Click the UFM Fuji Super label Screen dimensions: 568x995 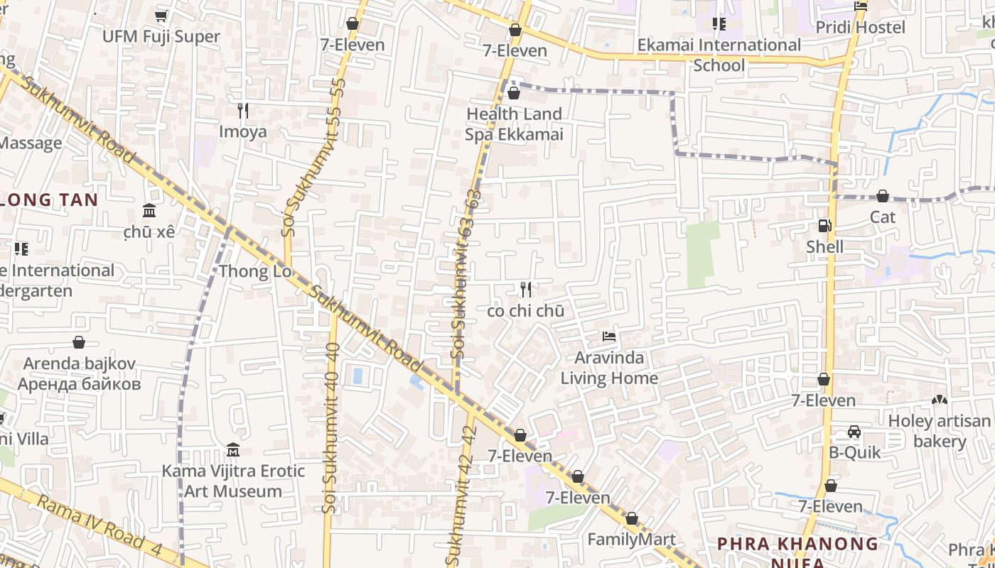pos(161,36)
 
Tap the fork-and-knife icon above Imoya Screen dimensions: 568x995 pos(243,111)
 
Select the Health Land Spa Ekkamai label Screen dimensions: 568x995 pos(514,124)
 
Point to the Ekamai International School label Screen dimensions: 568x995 pos(719,55)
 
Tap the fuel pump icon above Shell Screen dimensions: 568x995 pos(824,226)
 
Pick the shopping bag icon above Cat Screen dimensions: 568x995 pos(883,195)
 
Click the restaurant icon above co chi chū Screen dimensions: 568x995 pos(526,289)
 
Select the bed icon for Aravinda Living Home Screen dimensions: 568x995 pos(609,336)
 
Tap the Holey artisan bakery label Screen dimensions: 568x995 pos(938,431)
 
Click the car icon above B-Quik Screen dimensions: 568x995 pos(854,432)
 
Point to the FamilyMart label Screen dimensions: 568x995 pos(631,540)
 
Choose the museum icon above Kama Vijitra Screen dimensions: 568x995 pos(233,449)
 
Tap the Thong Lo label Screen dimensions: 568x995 pos(254,271)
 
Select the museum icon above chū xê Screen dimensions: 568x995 pos(149,211)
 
